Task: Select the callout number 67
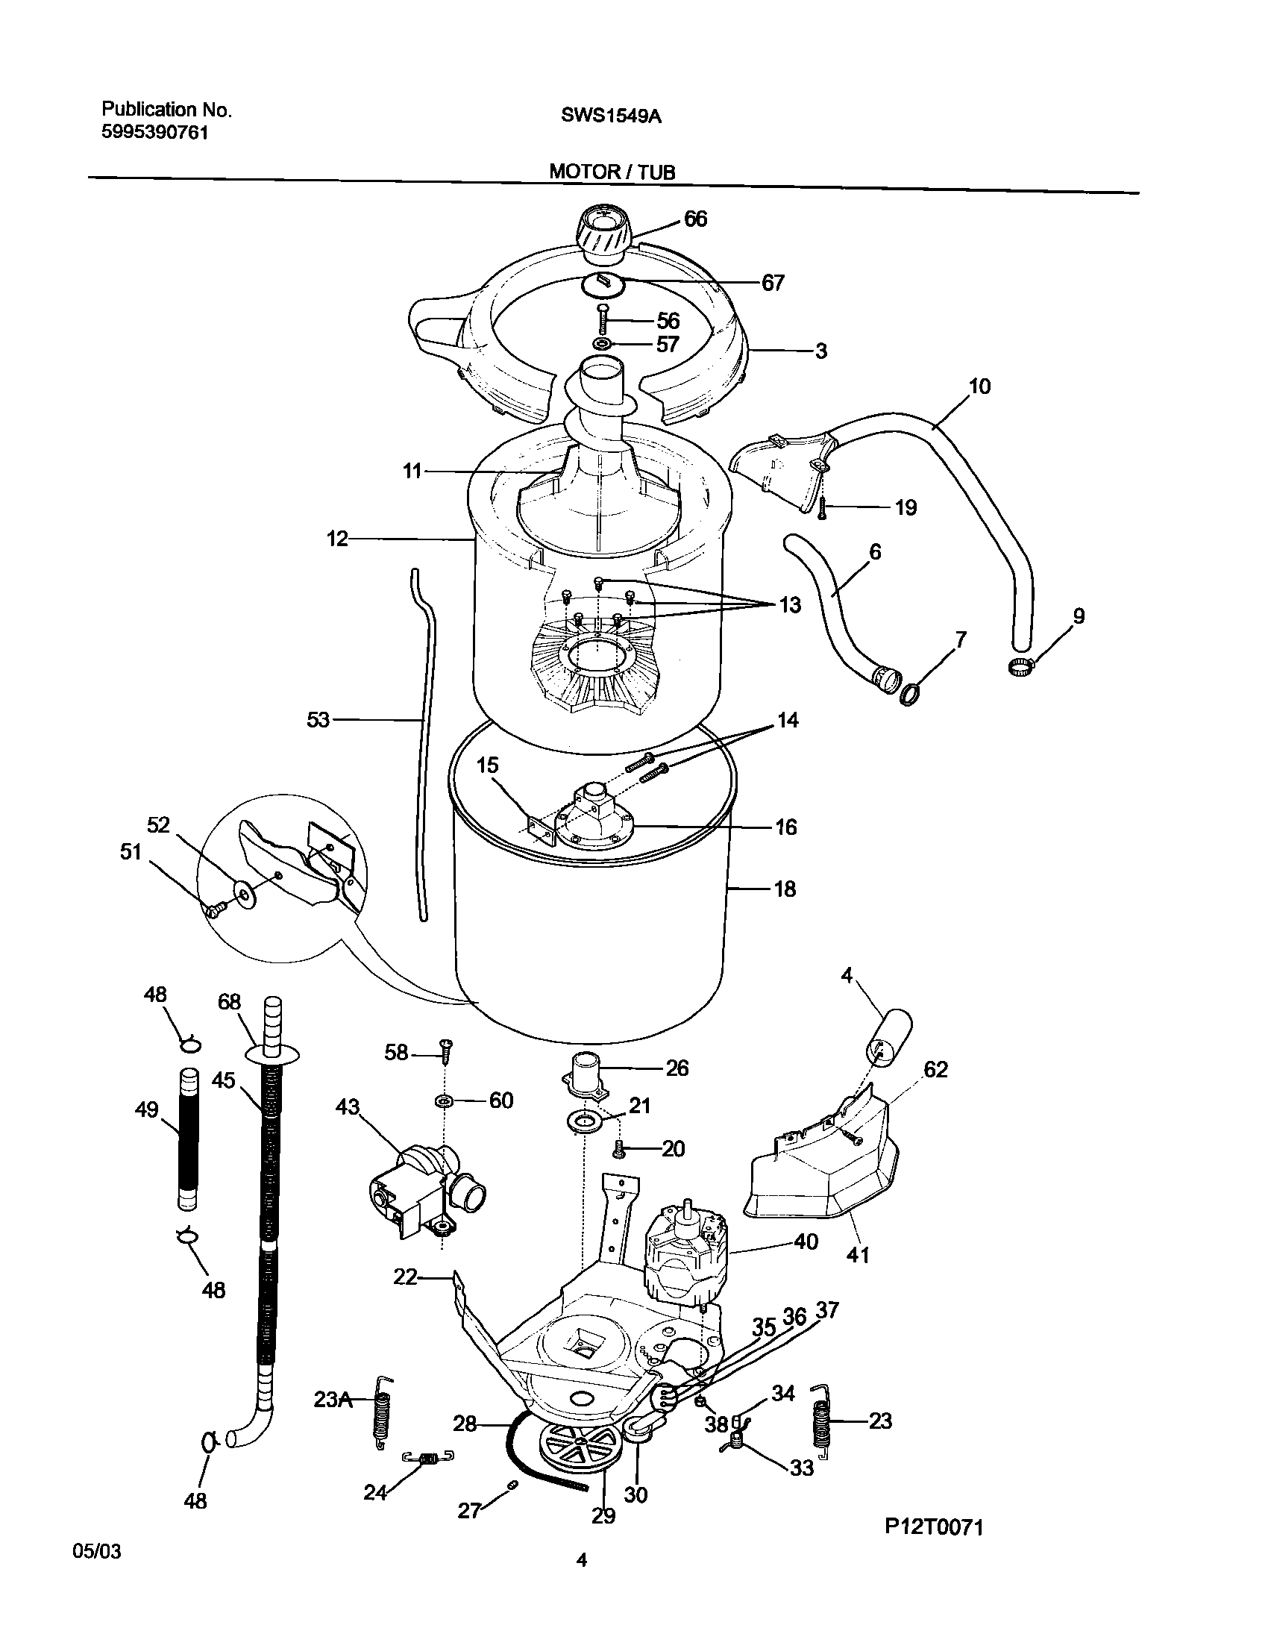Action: pos(773,283)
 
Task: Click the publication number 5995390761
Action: pos(154,133)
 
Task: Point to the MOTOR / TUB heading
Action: pos(612,172)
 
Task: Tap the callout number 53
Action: pos(318,720)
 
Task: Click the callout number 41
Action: pos(858,1255)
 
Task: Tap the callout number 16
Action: pos(786,827)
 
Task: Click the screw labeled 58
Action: pos(446,1053)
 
